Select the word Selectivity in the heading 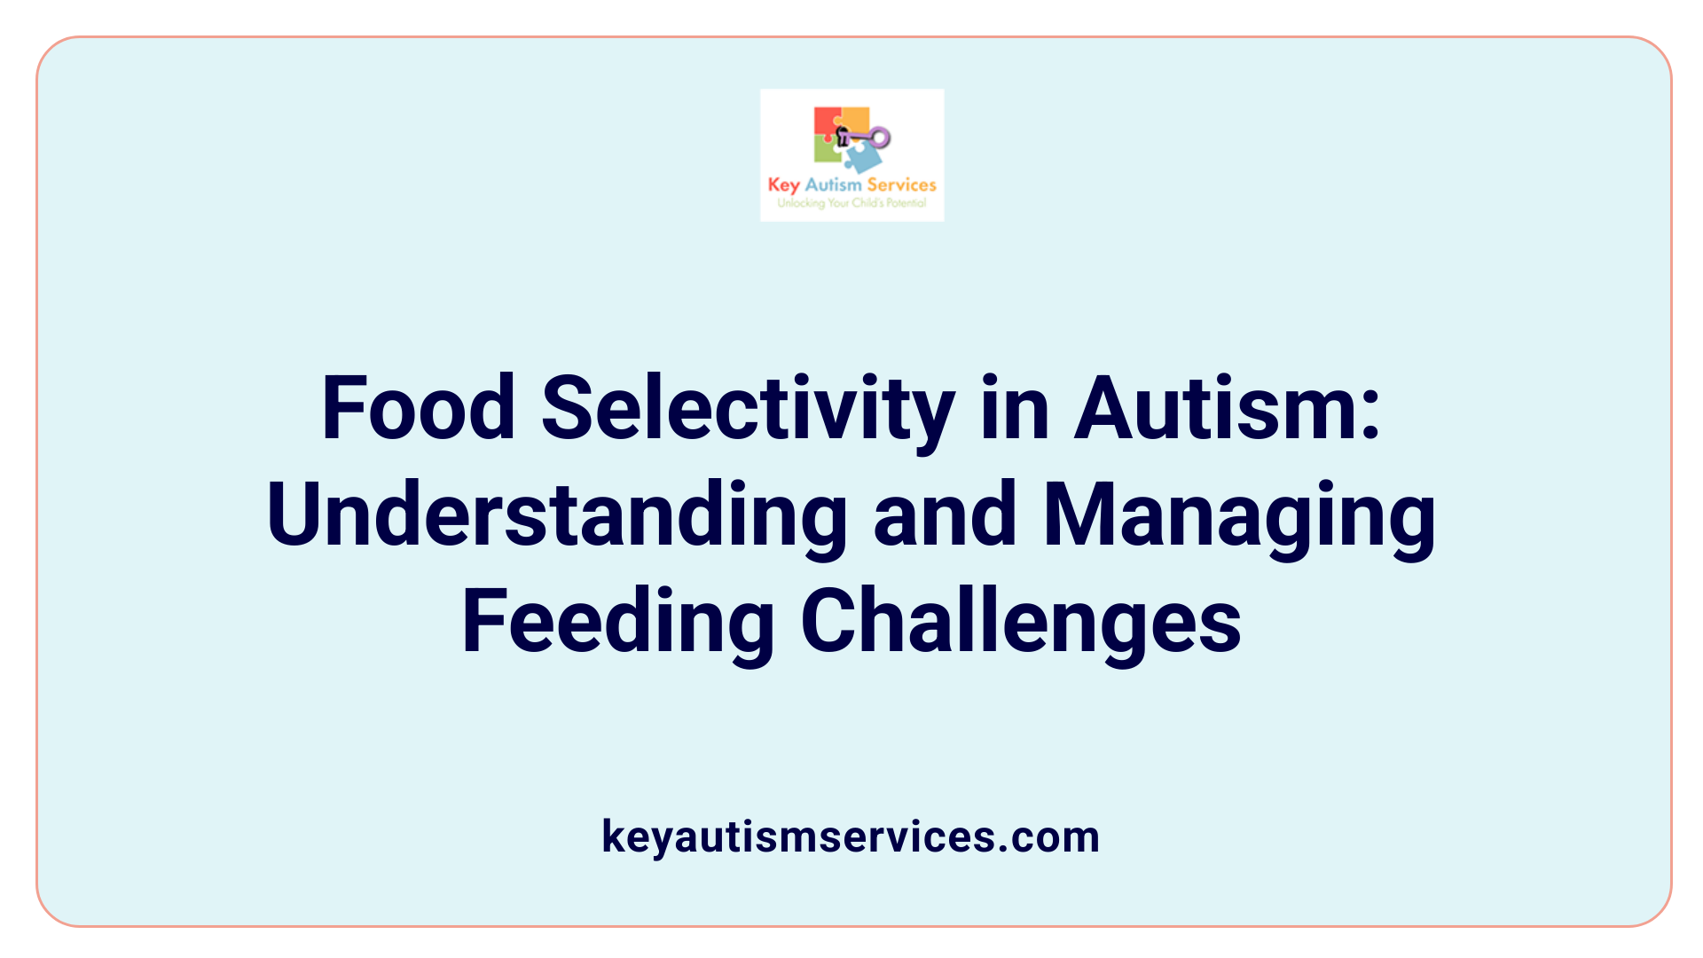click(748, 410)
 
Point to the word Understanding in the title click(557, 516)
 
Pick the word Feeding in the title click(618, 623)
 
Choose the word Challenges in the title click(1020, 623)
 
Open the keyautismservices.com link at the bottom click(851, 836)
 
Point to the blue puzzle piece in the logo click(862, 158)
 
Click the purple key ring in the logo click(879, 137)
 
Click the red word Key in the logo click(783, 185)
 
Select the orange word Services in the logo click(901, 185)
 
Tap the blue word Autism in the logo click(833, 185)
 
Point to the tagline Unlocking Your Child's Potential click(851, 203)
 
